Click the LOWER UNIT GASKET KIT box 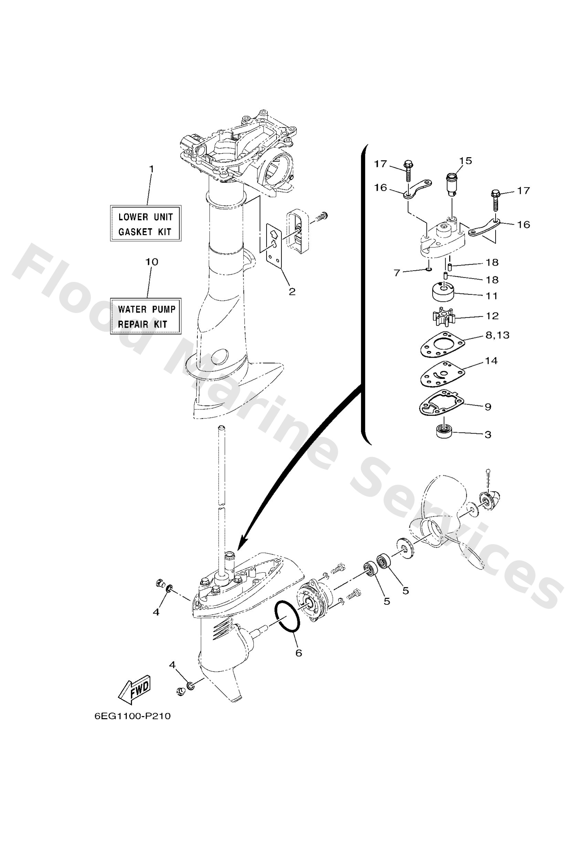point(146,223)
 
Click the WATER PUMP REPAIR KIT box point(146,316)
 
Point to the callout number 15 point(465,161)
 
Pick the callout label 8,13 point(497,335)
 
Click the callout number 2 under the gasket point(292,292)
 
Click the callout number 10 point(152,262)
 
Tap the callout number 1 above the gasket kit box point(151,169)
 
